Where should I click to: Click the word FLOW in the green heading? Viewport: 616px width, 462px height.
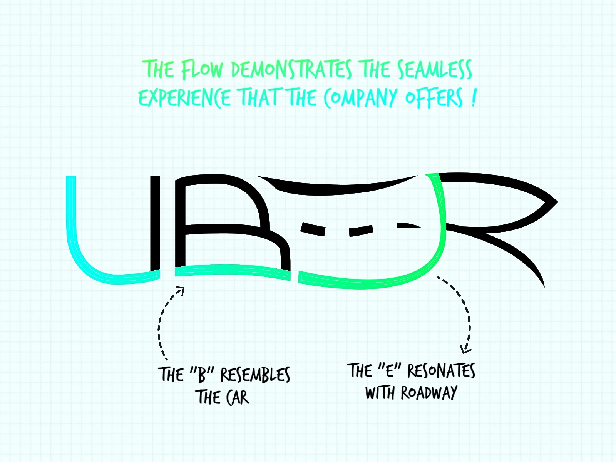pyautogui.click(x=202, y=70)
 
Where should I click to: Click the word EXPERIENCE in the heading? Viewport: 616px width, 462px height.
pyautogui.click(x=184, y=98)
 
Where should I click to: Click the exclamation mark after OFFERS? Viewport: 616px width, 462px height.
pyautogui.click(x=473, y=98)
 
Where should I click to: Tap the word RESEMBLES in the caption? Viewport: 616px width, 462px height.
pyautogui.click(x=255, y=375)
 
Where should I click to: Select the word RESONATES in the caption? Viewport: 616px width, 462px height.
pyautogui.click(x=441, y=371)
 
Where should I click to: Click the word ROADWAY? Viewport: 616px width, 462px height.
pyautogui.click(x=429, y=393)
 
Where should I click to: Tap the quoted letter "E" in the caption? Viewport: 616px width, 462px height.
pyautogui.click(x=390, y=370)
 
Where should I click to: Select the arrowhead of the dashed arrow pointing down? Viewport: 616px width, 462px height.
pyautogui.click(x=465, y=350)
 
